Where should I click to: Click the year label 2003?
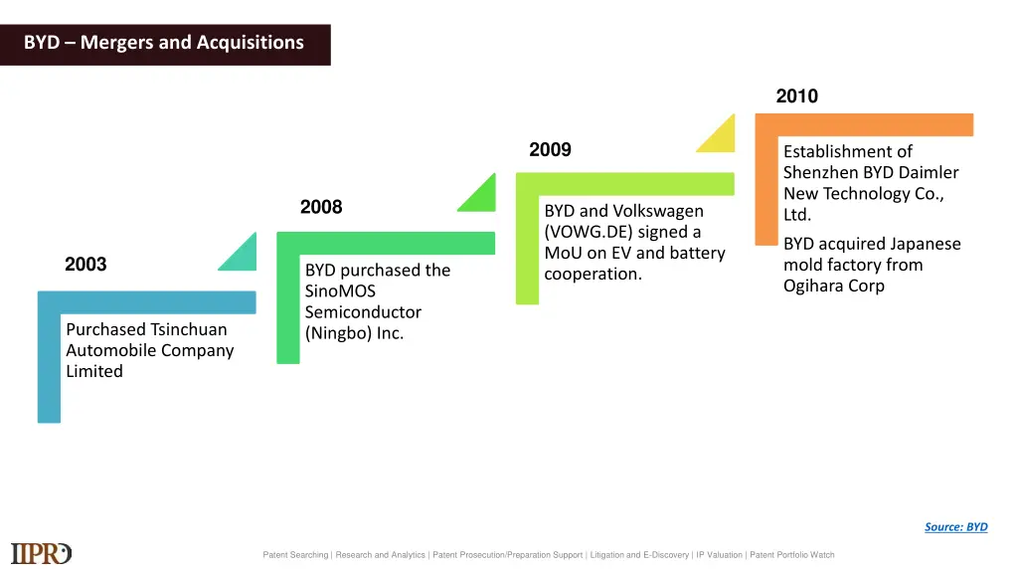[85, 264]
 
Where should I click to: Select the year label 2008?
[321, 207]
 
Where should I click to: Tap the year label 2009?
[550, 150]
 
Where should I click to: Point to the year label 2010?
[796, 96]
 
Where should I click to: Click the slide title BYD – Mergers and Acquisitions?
[164, 43]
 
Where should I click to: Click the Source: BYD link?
[955, 527]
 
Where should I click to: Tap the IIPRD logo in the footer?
[42, 553]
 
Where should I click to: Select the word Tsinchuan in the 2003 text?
[189, 329]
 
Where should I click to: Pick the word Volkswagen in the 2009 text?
[658, 211]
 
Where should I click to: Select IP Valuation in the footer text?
[719, 555]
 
